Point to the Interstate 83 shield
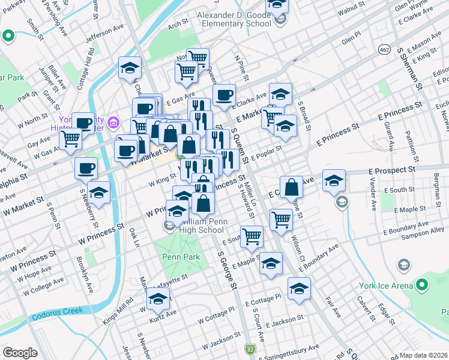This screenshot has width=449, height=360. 250,349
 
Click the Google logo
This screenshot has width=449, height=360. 20,353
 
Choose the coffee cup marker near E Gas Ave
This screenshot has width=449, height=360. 224,95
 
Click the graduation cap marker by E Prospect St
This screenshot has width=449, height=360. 334,181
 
